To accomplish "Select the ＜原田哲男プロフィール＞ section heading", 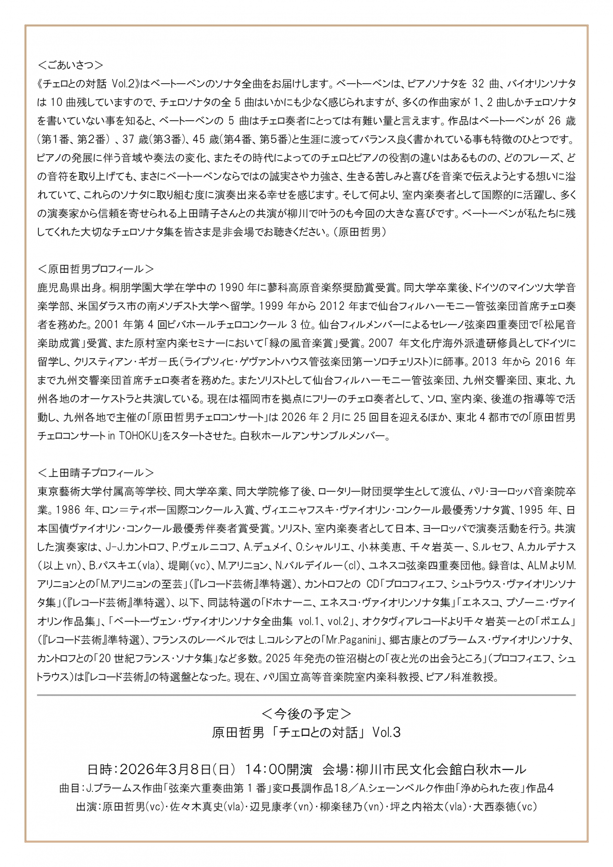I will [96, 268].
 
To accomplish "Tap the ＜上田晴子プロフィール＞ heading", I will [96, 473].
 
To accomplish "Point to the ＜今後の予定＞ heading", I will [306, 713].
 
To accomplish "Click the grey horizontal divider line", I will [306, 695].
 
